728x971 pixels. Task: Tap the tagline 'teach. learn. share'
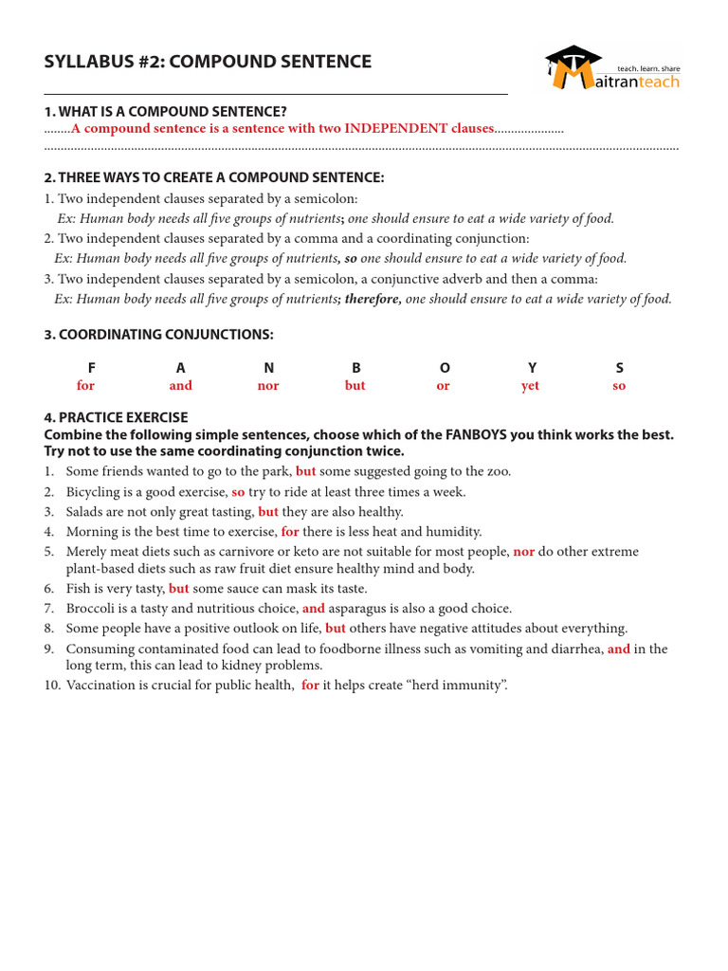pos(648,68)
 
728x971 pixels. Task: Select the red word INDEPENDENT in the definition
pos(390,129)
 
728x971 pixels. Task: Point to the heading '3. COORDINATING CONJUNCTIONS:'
pos(158,335)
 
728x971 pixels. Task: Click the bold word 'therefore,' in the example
pos(373,299)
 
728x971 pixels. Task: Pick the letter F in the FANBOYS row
pos(91,368)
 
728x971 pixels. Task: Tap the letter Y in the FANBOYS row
pos(532,368)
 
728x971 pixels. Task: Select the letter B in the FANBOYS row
pos(356,368)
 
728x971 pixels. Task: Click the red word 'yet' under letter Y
pos(531,386)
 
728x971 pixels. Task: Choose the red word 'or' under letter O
pos(443,386)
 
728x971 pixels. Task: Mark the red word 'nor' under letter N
pos(268,386)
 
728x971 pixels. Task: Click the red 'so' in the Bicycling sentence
pos(238,492)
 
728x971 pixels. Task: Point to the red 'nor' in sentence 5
pos(523,552)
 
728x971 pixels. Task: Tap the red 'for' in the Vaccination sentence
pos(310,686)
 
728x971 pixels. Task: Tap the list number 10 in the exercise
pos(52,686)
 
